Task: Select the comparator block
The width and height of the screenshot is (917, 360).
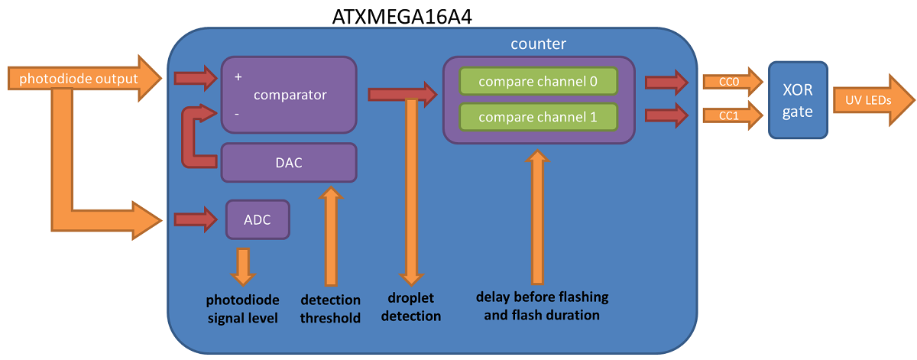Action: coord(289,95)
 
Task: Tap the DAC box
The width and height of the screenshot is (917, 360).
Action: coord(289,163)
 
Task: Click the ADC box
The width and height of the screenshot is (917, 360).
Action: coord(258,219)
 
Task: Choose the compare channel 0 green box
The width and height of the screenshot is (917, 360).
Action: coord(538,81)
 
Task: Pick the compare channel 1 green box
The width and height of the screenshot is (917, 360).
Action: coord(538,117)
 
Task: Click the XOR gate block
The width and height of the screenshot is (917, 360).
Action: coord(798,100)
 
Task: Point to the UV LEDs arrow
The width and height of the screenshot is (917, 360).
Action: coord(873,100)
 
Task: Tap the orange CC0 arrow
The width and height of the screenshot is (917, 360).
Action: coord(733,82)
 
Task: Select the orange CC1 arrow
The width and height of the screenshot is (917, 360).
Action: coord(733,115)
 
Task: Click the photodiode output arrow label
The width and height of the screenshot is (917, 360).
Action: coord(79,78)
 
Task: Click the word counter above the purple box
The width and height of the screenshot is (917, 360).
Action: coord(538,44)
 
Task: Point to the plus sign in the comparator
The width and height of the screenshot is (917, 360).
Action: coord(238,76)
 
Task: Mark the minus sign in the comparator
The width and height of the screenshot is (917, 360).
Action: coord(237,114)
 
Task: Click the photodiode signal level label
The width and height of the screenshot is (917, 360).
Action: coord(243,309)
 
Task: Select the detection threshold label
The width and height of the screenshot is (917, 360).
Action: coord(330,309)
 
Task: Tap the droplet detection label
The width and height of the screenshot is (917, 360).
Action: coord(411,306)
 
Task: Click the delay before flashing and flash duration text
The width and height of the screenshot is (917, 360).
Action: coord(542,306)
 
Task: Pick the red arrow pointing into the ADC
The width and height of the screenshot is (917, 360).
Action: coord(196,219)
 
